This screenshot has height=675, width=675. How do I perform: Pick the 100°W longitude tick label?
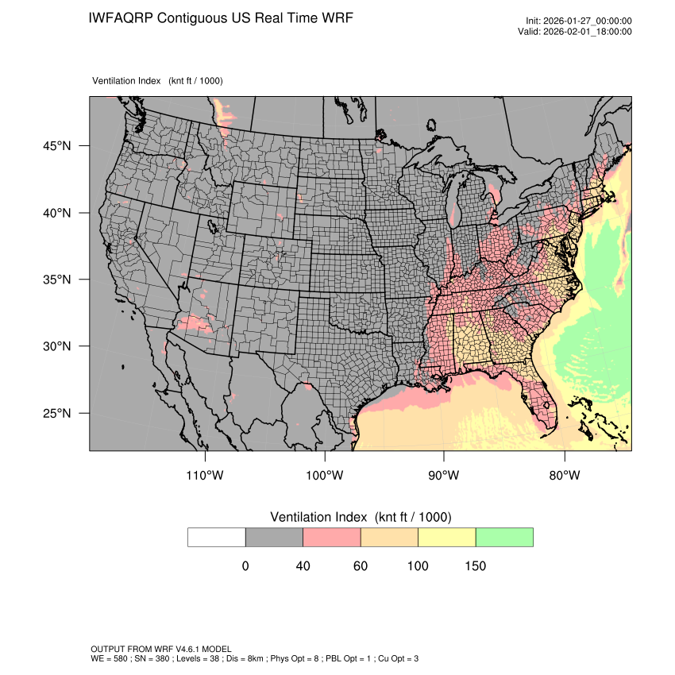[325, 476]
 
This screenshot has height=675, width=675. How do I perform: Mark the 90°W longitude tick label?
[444, 476]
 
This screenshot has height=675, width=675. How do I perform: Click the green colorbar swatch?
[504, 537]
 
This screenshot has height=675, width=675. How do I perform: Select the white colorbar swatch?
[217, 537]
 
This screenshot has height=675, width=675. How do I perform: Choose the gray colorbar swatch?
[274, 537]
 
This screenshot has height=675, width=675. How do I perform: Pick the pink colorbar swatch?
[332, 537]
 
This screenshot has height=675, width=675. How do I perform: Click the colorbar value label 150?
[475, 566]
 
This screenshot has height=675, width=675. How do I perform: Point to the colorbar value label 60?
[360, 566]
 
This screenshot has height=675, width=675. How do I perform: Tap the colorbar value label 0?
[245, 566]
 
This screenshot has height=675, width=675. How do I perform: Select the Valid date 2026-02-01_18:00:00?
[589, 32]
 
